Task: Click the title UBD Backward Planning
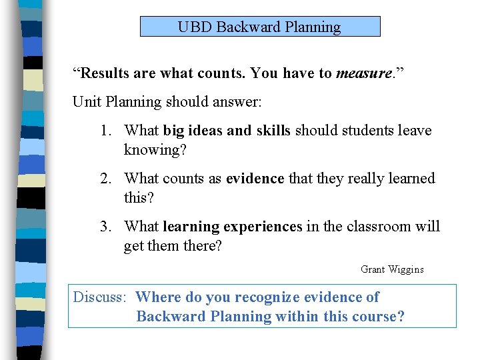coord(259,27)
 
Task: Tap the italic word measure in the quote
coord(363,73)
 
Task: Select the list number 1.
coord(105,131)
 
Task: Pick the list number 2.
coord(105,179)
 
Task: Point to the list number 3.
coord(105,227)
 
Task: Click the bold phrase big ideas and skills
coord(227,131)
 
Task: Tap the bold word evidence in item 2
coord(255,179)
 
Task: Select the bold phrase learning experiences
coord(232,227)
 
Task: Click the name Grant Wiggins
coord(392,269)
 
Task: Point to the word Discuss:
coord(99,297)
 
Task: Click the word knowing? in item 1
coord(155,150)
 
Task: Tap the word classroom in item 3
coord(374,227)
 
